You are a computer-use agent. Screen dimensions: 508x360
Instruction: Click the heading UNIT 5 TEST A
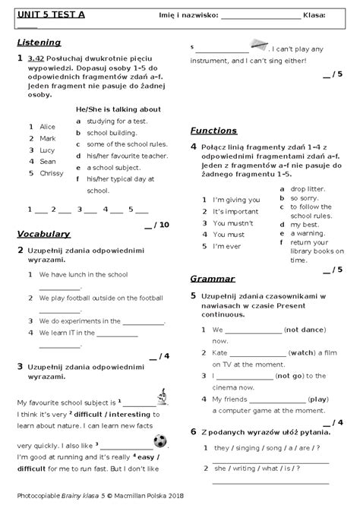pos(50,14)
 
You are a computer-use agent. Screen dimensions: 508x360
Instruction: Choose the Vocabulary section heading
pos(43,234)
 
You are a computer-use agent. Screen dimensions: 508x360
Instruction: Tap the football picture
pos(160,440)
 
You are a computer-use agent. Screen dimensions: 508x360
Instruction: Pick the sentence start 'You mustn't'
pos(233,223)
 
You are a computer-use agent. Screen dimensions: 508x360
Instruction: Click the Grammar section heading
pos(213,279)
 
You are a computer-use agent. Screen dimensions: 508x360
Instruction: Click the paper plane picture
pos(260,46)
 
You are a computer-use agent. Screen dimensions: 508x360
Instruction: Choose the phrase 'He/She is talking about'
pos(119,109)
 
